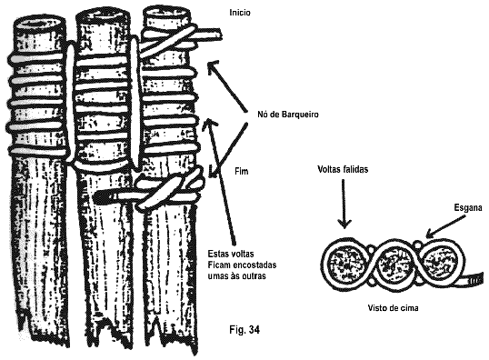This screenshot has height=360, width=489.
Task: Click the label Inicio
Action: click(240, 13)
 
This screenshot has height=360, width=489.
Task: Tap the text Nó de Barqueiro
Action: click(288, 115)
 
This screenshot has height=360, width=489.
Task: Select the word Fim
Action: click(242, 171)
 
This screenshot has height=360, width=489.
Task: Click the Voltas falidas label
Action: click(343, 169)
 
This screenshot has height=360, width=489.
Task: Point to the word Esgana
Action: click(468, 208)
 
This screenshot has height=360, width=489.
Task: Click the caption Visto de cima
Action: click(393, 308)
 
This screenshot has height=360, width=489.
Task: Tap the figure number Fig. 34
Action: click(244, 330)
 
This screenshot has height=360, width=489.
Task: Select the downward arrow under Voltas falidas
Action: click(344, 204)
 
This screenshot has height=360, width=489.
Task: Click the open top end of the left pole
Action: click(39, 24)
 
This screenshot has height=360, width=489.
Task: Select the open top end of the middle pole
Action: click(103, 15)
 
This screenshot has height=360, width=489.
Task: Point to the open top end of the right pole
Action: click(166, 13)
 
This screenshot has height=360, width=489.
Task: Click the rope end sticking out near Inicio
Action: click(210, 35)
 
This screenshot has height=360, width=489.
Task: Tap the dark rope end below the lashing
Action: click(105, 196)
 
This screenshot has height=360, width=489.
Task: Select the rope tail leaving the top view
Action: click(473, 278)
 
